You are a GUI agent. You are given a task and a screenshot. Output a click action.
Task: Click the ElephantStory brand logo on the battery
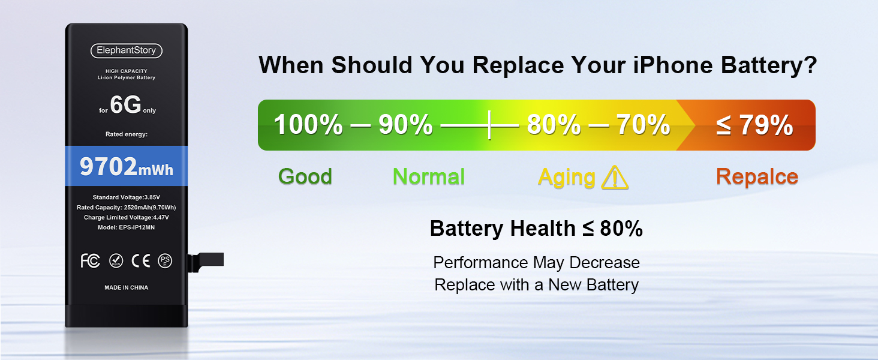(x=126, y=50)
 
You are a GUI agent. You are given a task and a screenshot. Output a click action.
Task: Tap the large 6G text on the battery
(x=125, y=104)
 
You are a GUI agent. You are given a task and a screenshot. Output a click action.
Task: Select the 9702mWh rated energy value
(x=126, y=166)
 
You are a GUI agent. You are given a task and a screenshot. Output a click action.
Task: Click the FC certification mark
(x=90, y=261)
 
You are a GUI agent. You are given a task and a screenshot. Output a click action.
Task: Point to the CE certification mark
(x=141, y=261)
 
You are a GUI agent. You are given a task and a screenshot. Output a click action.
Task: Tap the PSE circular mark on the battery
(x=165, y=261)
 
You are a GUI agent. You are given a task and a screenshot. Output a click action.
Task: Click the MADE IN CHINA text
(x=126, y=287)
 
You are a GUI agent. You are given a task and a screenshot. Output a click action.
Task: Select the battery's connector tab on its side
(x=206, y=262)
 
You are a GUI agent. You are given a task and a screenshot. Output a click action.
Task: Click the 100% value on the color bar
(x=308, y=125)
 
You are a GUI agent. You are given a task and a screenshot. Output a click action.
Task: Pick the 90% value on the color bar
(x=405, y=125)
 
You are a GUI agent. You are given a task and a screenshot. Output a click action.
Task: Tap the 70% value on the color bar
(x=644, y=125)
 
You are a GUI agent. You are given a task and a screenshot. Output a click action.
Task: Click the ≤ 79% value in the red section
(x=754, y=125)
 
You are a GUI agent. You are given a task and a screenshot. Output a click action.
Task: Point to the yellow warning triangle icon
(x=615, y=178)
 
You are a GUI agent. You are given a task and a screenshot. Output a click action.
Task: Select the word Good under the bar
(x=305, y=176)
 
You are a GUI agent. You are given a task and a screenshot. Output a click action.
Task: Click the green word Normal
(x=429, y=176)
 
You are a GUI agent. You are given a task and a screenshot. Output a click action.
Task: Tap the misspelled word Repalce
(x=757, y=177)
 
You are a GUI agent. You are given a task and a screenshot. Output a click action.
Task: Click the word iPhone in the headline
(x=673, y=65)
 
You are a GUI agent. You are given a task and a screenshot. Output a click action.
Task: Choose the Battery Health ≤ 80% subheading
(x=536, y=228)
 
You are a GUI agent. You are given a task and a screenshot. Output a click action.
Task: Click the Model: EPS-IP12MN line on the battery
(x=126, y=227)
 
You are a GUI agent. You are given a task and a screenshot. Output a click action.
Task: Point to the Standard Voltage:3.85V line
(x=126, y=197)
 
